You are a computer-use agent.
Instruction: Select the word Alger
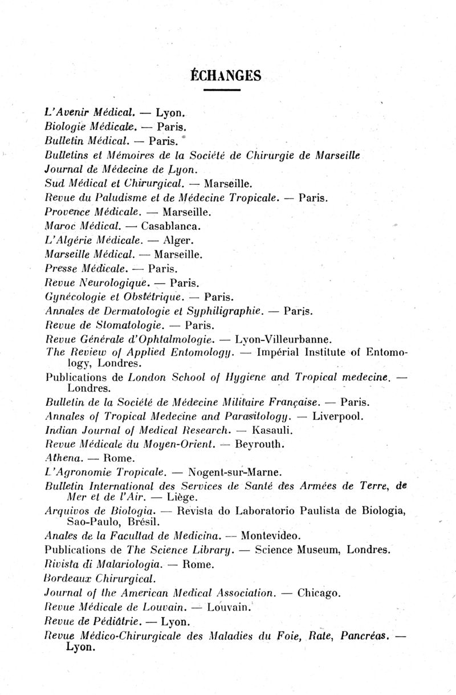pos(169,240)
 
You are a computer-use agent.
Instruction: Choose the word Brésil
pos(140,521)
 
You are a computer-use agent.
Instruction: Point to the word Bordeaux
pos(66,579)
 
